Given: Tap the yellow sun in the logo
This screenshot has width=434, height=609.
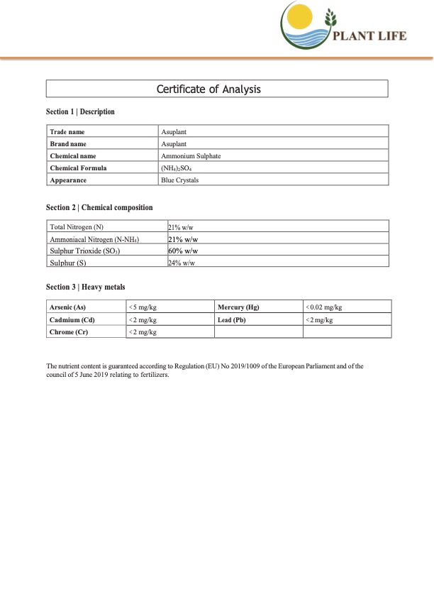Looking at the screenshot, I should (x=299, y=16).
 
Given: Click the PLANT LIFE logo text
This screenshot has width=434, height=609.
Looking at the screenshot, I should (x=369, y=36).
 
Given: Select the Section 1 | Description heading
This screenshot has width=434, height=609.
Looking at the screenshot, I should (x=80, y=112).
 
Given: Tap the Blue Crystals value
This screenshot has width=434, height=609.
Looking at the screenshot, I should (x=180, y=180).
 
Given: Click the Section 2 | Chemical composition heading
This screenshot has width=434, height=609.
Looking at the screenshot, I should (x=99, y=207).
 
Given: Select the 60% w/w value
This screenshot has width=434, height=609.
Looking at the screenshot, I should (x=182, y=251).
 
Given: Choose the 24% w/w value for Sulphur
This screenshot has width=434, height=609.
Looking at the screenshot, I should (x=182, y=263).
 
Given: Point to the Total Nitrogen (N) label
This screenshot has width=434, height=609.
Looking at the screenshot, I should (x=77, y=226).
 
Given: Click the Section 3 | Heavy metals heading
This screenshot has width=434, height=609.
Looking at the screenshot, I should (x=85, y=287).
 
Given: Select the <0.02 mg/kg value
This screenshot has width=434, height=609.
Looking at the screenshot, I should (x=324, y=307).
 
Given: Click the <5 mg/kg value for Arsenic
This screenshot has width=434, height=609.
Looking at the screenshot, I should (x=143, y=307).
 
